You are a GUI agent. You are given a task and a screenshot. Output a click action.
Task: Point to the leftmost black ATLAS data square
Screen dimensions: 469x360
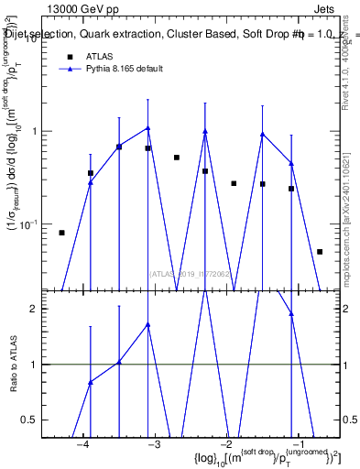point(61,233)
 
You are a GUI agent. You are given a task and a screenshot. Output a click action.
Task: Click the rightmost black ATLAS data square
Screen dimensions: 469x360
point(320,251)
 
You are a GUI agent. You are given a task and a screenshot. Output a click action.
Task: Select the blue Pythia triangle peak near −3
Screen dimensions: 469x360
point(147,128)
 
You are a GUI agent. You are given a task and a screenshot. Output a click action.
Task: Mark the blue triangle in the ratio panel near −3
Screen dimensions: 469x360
point(147,324)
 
